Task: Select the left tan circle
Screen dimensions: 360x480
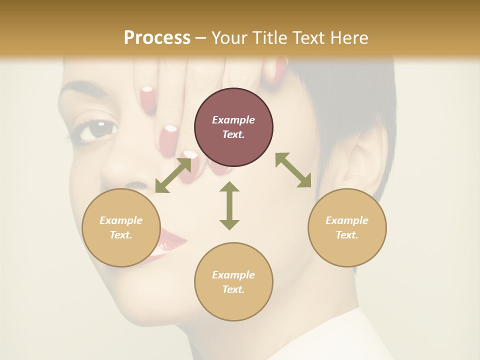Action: [121, 227]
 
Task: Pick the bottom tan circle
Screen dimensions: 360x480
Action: [233, 281]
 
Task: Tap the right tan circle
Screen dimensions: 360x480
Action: [347, 227]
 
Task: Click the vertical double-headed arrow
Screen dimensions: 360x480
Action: [229, 205]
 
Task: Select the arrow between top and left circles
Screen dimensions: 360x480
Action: [173, 175]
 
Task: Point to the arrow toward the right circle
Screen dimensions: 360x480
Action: [293, 170]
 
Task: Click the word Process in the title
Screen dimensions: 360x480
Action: [157, 37]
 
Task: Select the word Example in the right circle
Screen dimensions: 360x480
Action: [347, 220]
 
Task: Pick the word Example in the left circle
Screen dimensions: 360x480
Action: [121, 220]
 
